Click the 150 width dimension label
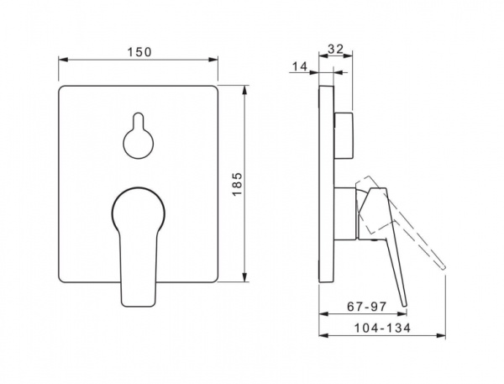(139, 52)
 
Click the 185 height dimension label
(237, 184)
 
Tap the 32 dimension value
(335, 49)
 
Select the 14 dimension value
(300, 66)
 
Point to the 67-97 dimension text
(366, 307)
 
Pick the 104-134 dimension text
(382, 328)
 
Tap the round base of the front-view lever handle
(139, 209)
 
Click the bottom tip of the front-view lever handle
(139, 306)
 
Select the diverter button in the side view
(344, 135)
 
